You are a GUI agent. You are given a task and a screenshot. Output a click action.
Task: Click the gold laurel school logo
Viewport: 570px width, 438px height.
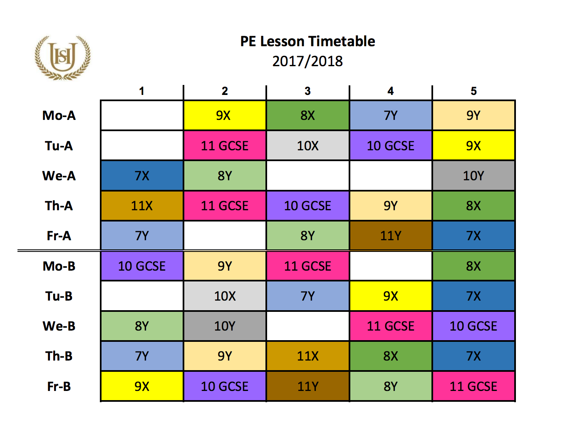pyautogui.click(x=62, y=57)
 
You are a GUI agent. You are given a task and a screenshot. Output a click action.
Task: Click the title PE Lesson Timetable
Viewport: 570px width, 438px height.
pyautogui.click(x=307, y=41)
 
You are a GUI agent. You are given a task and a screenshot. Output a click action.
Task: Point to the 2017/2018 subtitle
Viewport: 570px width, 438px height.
pyautogui.click(x=307, y=61)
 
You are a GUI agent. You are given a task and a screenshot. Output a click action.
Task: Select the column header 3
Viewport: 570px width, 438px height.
pyautogui.click(x=307, y=91)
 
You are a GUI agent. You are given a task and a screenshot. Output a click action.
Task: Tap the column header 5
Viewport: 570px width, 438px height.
pyautogui.click(x=473, y=91)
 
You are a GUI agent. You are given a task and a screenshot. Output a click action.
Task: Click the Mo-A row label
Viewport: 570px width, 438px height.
pyautogui.click(x=59, y=115)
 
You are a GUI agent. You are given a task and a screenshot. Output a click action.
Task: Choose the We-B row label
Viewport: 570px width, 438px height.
pyautogui.click(x=59, y=326)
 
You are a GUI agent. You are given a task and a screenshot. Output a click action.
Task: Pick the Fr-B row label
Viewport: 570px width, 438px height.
pyautogui.click(x=59, y=386)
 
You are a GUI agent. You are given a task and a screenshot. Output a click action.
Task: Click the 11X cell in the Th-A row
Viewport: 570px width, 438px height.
pyautogui.click(x=142, y=206)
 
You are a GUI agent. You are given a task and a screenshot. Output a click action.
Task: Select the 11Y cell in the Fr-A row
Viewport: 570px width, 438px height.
pyautogui.click(x=391, y=236)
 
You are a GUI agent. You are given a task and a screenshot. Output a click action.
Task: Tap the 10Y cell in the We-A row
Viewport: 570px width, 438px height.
pyautogui.click(x=473, y=176)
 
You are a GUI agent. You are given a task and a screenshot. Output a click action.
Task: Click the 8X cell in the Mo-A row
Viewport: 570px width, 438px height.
pyautogui.click(x=307, y=115)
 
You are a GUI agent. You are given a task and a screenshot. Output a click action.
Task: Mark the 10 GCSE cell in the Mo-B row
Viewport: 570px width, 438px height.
pyautogui.click(x=142, y=266)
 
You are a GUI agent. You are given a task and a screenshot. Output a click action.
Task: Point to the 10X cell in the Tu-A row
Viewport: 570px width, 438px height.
pyautogui.click(x=307, y=146)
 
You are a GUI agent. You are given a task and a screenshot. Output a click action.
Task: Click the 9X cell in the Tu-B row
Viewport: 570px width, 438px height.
pyautogui.click(x=391, y=296)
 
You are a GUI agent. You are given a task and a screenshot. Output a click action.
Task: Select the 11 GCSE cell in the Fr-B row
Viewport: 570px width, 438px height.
pyautogui.click(x=473, y=386)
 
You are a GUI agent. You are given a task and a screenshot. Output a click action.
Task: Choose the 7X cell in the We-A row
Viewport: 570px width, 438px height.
pyautogui.click(x=142, y=176)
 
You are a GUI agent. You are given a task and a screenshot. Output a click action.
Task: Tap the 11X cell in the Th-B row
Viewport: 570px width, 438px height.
pyautogui.click(x=307, y=356)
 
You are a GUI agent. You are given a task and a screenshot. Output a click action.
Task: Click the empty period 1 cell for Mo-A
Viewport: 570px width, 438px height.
pyautogui.click(x=142, y=115)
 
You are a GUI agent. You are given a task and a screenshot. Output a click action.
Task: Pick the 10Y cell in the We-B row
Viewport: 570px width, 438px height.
pyautogui.click(x=225, y=326)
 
